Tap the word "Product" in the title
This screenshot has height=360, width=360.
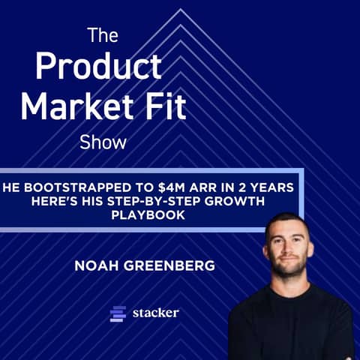(97, 67)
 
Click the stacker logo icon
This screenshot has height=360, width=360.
(118, 313)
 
